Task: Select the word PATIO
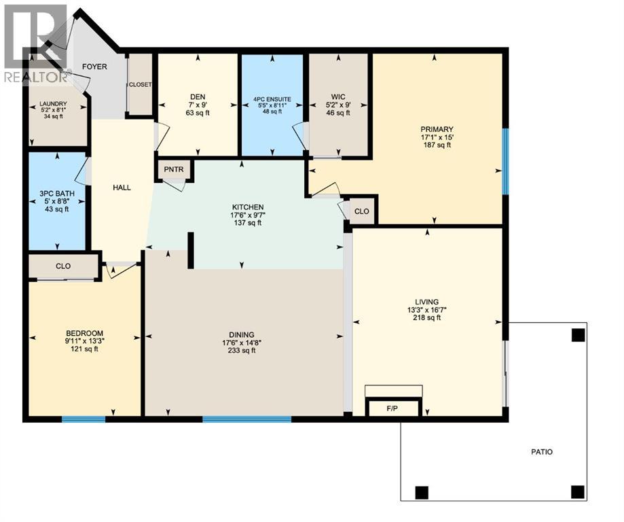[x=541, y=451]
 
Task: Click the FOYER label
[x=94, y=67]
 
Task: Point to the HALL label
[x=122, y=188]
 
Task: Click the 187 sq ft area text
[x=436, y=145]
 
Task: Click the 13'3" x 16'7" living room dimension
[x=426, y=310]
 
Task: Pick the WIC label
[x=339, y=97]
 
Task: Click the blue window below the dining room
[x=246, y=419]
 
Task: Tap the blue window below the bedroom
[x=84, y=419]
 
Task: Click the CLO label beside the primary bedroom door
[x=361, y=211]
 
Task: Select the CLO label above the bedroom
[x=63, y=266]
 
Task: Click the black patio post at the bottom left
[x=421, y=492]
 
